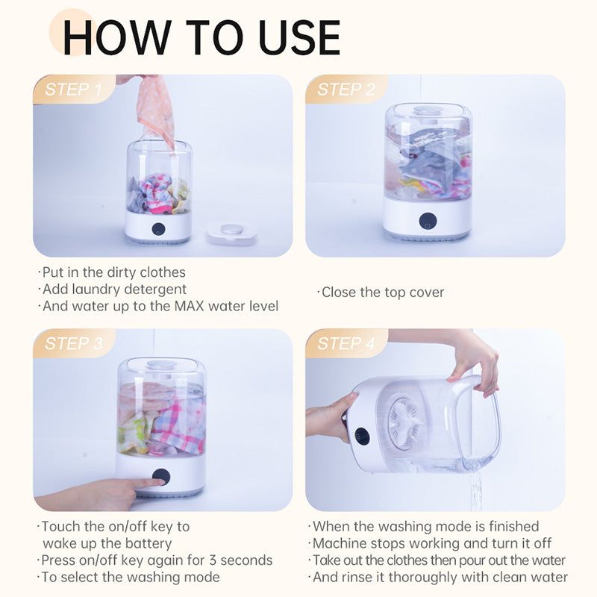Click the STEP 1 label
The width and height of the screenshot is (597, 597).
click(73, 90)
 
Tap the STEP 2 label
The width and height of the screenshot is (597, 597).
click(346, 90)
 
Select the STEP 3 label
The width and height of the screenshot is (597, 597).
click(73, 343)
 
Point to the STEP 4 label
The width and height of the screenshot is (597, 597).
click(346, 343)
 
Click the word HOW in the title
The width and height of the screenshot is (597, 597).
click(112, 37)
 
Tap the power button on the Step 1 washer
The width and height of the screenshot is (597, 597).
click(158, 228)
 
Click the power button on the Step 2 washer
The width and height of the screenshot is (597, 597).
click(428, 221)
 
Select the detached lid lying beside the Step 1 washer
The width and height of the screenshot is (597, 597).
click(231, 231)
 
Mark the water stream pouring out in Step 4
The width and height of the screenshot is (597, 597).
click(475, 489)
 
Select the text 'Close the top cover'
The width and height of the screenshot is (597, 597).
click(382, 293)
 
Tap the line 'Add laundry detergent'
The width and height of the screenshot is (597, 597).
click(113, 289)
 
